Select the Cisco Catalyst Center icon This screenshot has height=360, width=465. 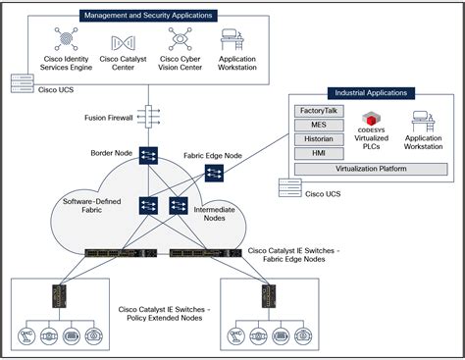[125, 41]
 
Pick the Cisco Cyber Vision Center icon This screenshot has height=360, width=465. [180, 41]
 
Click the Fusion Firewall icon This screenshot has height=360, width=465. [149, 117]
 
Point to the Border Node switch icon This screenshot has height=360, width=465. [149, 155]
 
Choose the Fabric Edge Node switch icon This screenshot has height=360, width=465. [214, 174]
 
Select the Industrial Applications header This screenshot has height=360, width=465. [370, 93]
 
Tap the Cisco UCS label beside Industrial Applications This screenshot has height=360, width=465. [324, 194]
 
